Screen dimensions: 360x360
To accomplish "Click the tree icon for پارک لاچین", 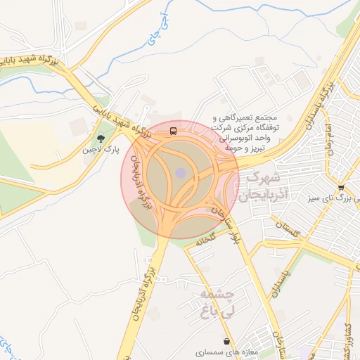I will point(101,139).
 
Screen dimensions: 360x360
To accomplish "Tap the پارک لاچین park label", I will point(101,150).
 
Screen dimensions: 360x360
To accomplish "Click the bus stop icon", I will point(173,131).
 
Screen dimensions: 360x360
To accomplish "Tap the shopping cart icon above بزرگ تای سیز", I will point(340,188).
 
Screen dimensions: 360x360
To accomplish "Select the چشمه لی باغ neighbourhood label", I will point(217,301).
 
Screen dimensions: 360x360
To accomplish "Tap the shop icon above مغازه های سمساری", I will point(225,341).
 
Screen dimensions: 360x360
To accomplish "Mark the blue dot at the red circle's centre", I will point(181,173).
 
